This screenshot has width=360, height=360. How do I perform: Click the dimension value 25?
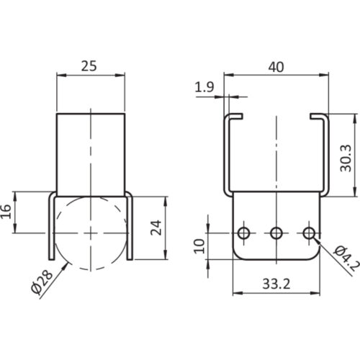pyautogui.click(x=90, y=66)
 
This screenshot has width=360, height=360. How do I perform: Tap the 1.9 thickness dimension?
pyautogui.click(x=203, y=87)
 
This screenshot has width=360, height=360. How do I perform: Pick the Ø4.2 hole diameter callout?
pyautogui.click(x=343, y=256)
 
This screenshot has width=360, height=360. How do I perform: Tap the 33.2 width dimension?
pyautogui.click(x=276, y=284)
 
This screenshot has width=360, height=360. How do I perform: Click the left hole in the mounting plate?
pyautogui.click(x=244, y=233)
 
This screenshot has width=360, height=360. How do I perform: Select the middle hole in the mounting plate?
pyautogui.click(x=276, y=233)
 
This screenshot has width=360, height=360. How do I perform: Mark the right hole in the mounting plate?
pyautogui.click(x=309, y=233)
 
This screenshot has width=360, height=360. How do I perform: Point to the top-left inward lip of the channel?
pyautogui.click(x=236, y=115)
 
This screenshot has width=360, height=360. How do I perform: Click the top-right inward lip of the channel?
pyautogui.click(x=318, y=115)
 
